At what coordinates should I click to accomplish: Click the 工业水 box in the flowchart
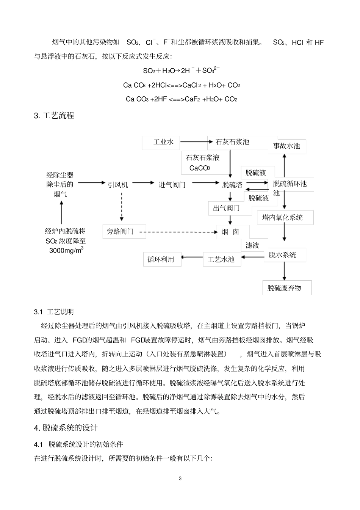[163, 142]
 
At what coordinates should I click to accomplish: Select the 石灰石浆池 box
[232, 142]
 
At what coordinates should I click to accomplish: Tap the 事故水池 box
[286, 146]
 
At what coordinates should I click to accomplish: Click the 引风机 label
[118, 185]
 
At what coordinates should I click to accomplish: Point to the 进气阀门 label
[172, 185]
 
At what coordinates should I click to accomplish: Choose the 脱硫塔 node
[232, 185]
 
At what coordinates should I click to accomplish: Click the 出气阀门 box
[226, 208]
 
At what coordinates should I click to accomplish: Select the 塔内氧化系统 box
[282, 218]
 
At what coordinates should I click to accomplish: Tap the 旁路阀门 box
[121, 231]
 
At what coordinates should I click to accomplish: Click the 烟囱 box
[230, 232]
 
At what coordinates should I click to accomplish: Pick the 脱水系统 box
[282, 255]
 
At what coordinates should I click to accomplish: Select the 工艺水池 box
[221, 259]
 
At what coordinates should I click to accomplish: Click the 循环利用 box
[161, 259]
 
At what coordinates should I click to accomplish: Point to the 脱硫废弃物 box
[284, 288]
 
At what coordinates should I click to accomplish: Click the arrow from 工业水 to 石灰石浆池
[194, 142]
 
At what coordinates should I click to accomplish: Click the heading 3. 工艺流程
[54, 116]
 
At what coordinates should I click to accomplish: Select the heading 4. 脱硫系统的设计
[66, 428]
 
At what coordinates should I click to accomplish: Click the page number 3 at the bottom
[180, 479]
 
